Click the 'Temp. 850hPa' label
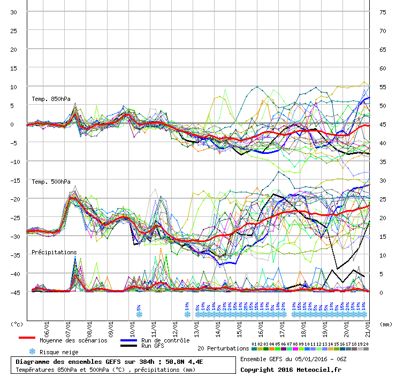tap(51, 99)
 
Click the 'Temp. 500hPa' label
tap(51, 182)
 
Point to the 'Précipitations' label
tap(54, 252)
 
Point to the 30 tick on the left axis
tap(14, 12)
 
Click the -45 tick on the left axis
tap(14, 292)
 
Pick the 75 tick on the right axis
tap(382, 12)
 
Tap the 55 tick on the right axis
tap(382, 87)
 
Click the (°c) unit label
tap(17, 324)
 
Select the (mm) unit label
tap(386, 324)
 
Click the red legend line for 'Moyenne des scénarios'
tap(27, 338)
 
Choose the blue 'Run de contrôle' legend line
tap(128, 340)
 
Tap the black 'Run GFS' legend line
tap(128, 346)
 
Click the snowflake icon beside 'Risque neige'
tap(32, 352)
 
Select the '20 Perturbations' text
tap(223, 348)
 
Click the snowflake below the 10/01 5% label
tap(139, 314)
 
